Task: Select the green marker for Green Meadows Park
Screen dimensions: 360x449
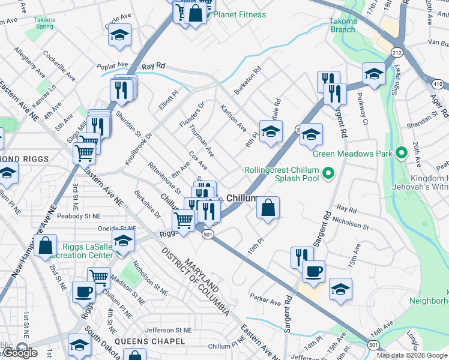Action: [401, 154]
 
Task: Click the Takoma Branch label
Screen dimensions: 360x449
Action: [343, 25]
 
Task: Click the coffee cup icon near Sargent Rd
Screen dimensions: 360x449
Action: [313, 272]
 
